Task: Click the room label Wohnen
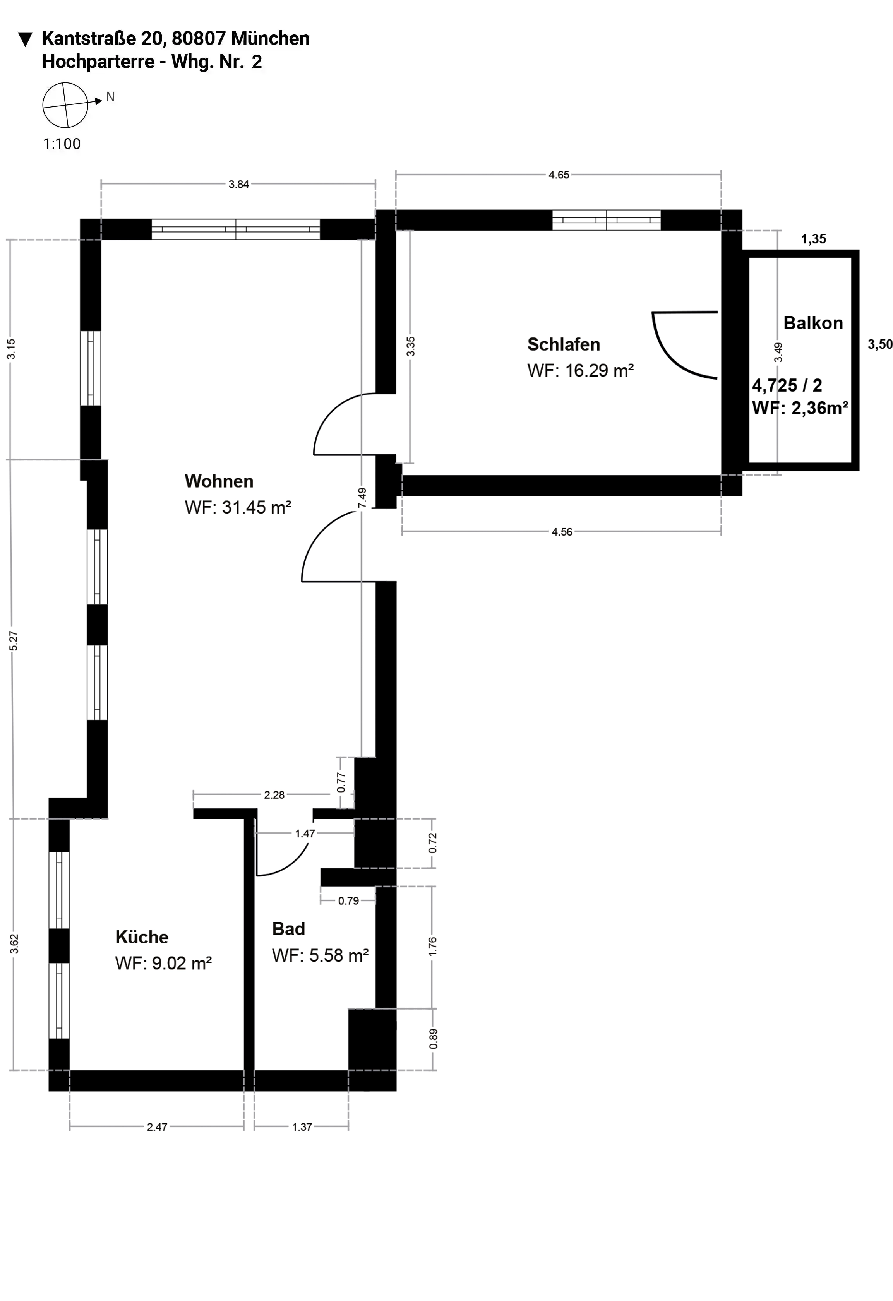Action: [x=219, y=481]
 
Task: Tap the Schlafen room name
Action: [x=563, y=344]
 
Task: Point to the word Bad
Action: [x=288, y=929]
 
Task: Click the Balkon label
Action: [x=813, y=323]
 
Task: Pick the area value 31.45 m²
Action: [x=256, y=507]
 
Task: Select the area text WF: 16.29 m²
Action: [x=581, y=371]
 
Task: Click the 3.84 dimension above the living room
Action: [x=238, y=184]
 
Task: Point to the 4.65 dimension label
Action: [x=559, y=175]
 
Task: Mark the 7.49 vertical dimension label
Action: [x=362, y=498]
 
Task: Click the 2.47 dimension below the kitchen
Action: [x=157, y=1127]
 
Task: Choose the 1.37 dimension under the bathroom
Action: [x=302, y=1127]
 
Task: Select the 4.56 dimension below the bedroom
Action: [x=562, y=532]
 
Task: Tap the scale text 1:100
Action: [x=62, y=144]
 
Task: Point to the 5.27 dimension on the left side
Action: [x=14, y=640]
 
